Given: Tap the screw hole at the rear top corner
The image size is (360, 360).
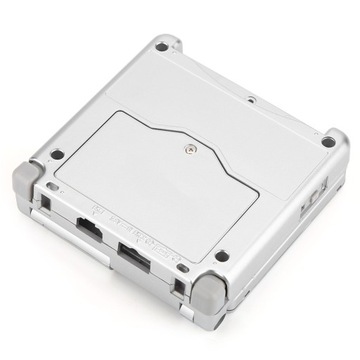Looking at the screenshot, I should point(161,46).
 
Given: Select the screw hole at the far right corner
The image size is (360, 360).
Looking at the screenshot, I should point(328,142).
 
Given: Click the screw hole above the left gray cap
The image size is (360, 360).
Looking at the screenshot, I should point(57,154).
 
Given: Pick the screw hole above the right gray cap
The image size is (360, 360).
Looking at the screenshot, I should point(221,256).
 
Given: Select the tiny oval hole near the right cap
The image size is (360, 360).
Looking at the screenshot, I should point(182,268).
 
